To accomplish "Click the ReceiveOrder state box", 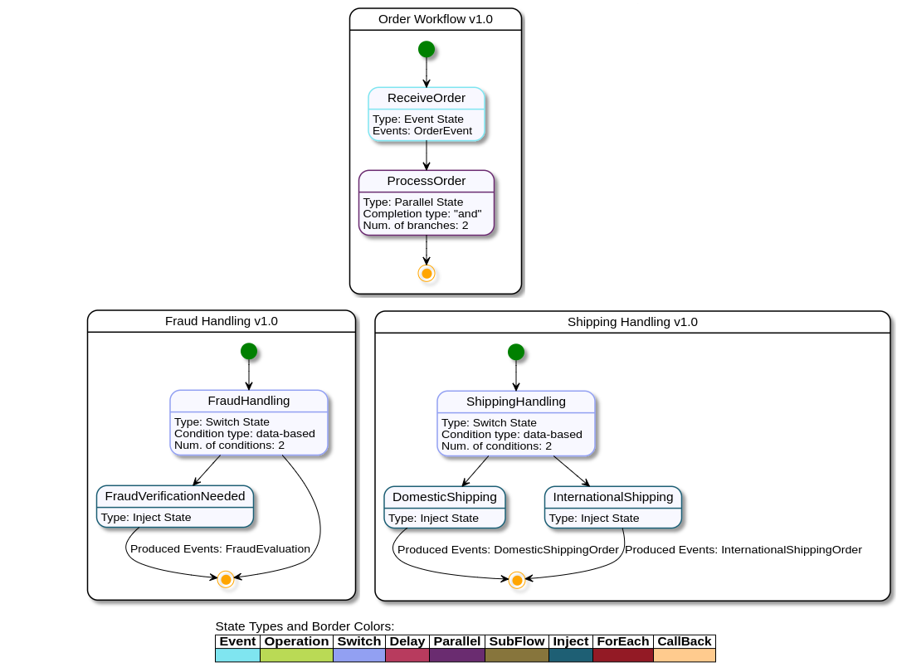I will point(427,114).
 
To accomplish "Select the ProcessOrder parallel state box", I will point(427,203).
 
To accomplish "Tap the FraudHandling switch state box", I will point(249,422).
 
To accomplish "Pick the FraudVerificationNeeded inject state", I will point(175,507).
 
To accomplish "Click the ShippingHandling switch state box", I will point(516,423).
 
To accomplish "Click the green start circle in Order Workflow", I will point(427,49).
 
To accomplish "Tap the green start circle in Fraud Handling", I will point(249,351).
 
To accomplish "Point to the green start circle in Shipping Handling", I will point(516,352).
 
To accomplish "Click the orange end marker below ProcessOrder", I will point(427,273).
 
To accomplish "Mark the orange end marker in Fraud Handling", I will point(226,579).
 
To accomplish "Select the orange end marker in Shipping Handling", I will point(517,580).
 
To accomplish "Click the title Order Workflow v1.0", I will point(436,19).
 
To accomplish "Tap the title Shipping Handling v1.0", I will point(632,322).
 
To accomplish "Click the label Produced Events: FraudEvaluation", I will point(220,548).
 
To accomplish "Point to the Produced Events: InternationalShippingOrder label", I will point(743,549).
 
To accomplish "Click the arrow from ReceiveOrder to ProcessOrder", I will point(427,156).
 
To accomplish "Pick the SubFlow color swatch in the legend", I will point(517,655).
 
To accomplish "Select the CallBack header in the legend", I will point(685,641).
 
